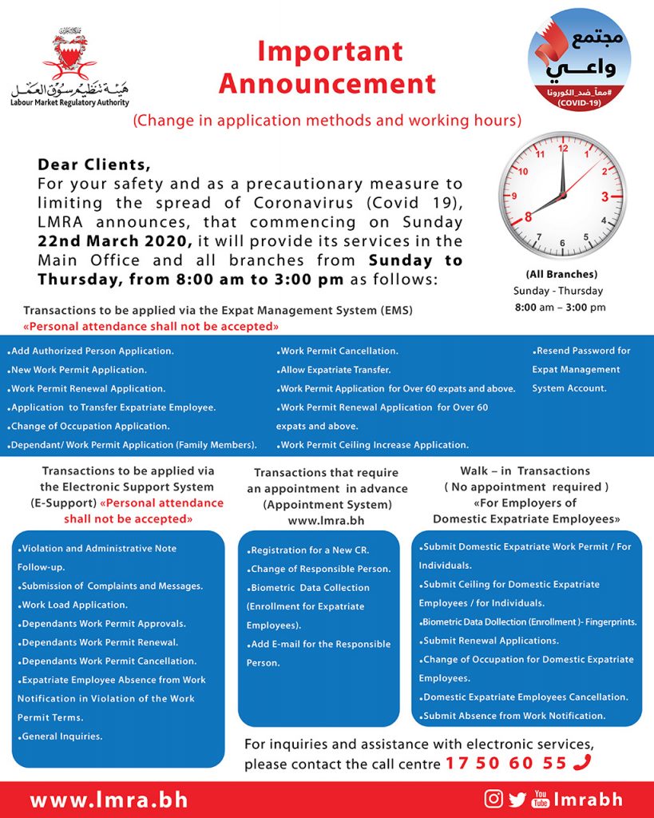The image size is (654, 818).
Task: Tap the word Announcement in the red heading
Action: (327, 83)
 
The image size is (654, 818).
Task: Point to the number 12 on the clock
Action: (563, 149)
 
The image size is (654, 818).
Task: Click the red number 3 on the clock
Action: (604, 197)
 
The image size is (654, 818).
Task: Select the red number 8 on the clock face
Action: (528, 216)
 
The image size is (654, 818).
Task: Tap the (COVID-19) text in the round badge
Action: (580, 103)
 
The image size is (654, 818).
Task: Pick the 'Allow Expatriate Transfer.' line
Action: (334, 370)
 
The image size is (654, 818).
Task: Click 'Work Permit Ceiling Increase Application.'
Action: (373, 445)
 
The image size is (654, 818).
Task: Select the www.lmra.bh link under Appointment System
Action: (327, 520)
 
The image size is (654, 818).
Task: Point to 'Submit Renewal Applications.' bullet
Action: (490, 641)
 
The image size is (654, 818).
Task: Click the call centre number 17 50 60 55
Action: (506, 763)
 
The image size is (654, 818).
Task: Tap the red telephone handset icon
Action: (581, 763)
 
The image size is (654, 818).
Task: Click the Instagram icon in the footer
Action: (494, 799)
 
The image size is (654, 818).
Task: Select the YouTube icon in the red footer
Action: (541, 799)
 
